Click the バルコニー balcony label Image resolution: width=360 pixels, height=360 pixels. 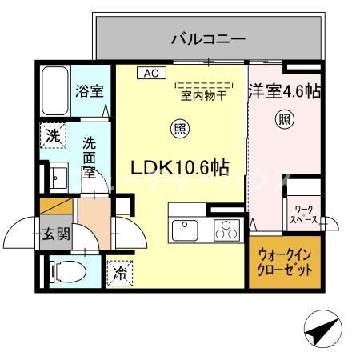click(x=208, y=37)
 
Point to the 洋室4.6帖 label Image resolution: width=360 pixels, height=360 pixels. click(x=285, y=91)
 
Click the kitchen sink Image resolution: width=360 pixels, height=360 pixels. click(x=186, y=229)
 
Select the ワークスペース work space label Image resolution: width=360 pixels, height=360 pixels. click(x=303, y=214)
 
